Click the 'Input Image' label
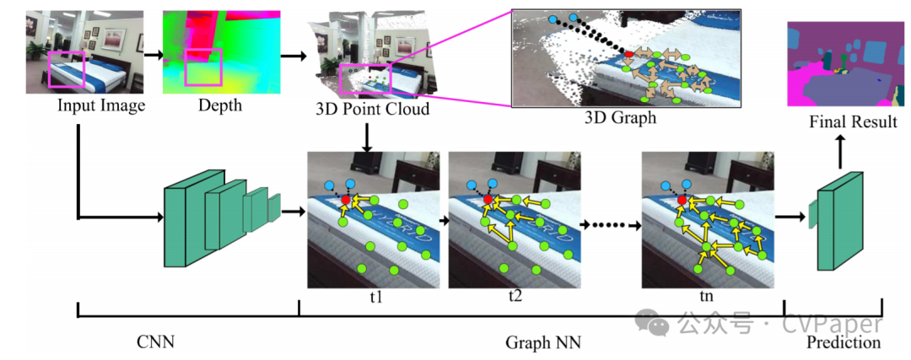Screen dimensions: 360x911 [101, 105]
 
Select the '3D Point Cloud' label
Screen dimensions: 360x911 [372, 109]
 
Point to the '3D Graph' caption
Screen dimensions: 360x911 [620, 118]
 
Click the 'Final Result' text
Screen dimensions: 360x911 [853, 122]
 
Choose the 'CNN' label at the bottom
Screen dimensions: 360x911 [160, 341]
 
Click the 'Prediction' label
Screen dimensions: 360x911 [843, 342]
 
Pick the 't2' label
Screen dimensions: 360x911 [515, 296]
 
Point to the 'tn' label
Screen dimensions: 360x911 [707, 296]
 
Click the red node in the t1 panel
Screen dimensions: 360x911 [346, 199]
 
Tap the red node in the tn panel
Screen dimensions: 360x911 [681, 199]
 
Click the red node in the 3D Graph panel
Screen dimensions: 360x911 [628, 54]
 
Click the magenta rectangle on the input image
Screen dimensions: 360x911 [67, 69]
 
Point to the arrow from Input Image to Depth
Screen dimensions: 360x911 [152, 54]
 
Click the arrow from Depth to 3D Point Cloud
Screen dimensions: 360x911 [292, 56]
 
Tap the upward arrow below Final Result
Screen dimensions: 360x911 [840, 152]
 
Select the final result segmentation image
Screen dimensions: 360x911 [839, 65]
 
